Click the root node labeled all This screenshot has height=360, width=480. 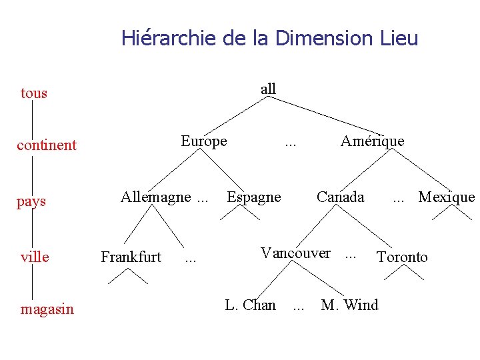(268, 89)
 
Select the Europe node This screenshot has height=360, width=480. (204, 141)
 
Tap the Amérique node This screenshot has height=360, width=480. (372, 141)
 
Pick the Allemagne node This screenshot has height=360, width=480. (155, 197)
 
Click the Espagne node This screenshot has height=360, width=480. (254, 197)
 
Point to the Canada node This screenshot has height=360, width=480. (340, 197)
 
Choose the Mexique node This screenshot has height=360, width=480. (446, 197)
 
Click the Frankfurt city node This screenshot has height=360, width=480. (131, 257)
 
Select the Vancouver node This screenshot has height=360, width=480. (295, 253)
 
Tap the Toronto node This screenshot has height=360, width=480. (402, 257)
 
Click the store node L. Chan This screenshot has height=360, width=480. (250, 305)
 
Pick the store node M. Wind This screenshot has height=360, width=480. (349, 305)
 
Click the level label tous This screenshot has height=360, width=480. (34, 93)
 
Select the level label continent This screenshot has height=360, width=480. (47, 145)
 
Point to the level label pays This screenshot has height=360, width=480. (31, 201)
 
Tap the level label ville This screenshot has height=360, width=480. (35, 257)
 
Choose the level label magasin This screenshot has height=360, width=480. (47, 309)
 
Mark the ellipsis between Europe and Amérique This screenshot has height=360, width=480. (291, 143)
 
